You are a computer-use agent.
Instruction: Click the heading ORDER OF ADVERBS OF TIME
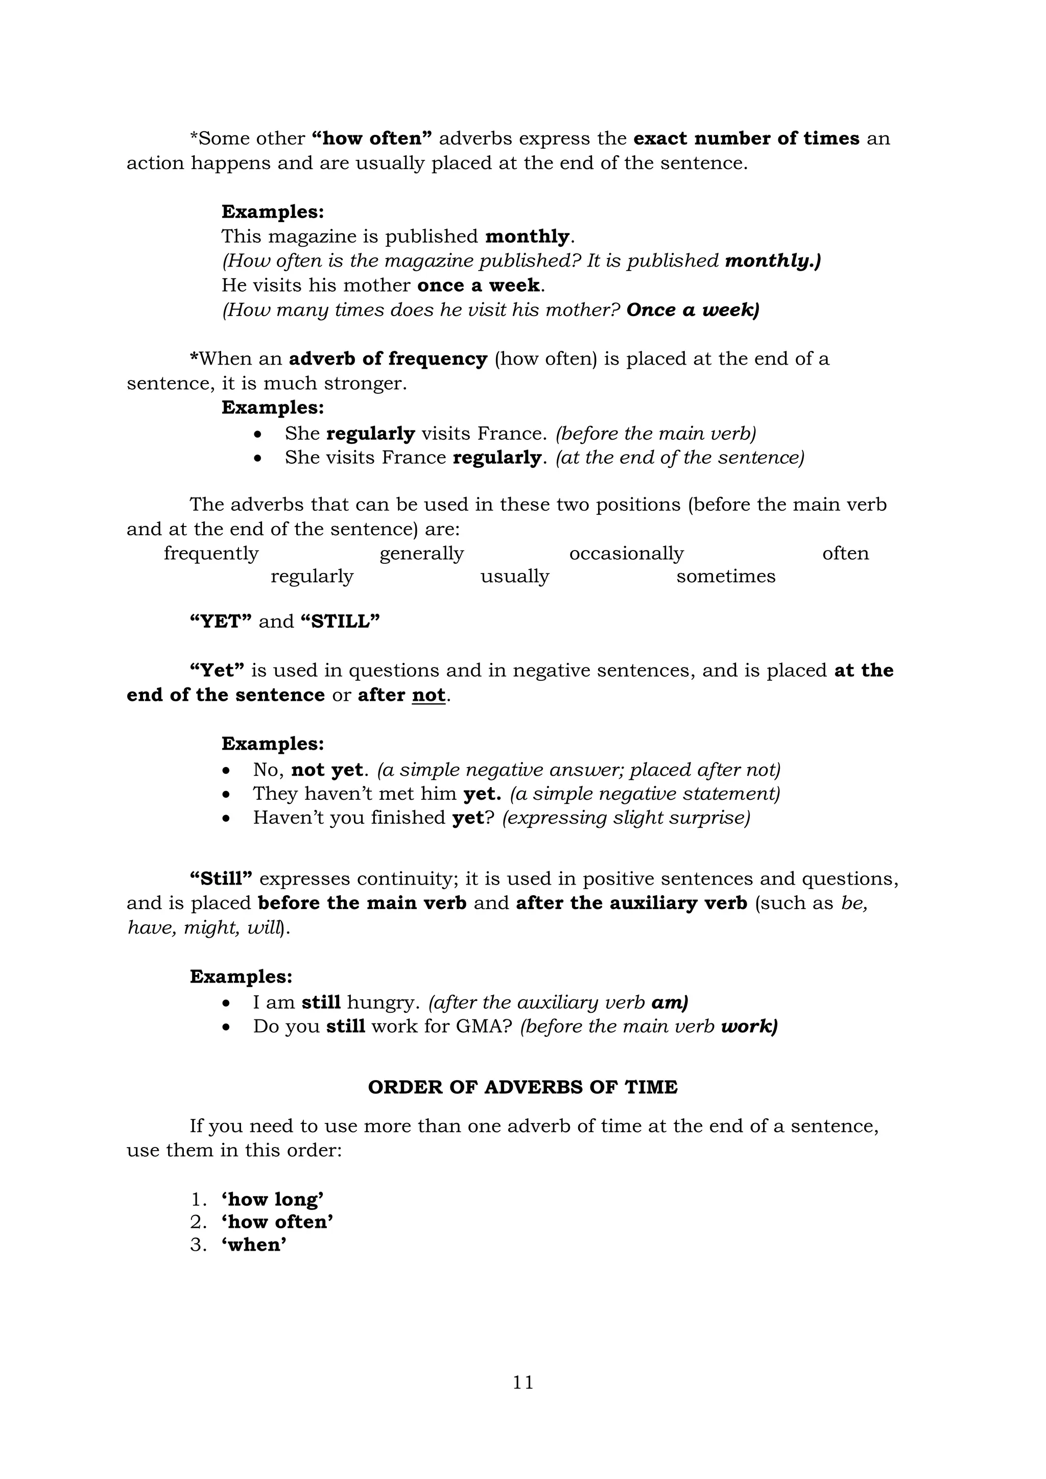pos(522,1087)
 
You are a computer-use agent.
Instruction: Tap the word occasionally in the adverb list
pos(626,553)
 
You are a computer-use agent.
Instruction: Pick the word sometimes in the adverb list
pos(725,576)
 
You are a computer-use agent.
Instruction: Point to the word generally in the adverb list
pos(421,553)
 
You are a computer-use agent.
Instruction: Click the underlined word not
pos(429,695)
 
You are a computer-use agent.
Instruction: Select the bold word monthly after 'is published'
pos(527,236)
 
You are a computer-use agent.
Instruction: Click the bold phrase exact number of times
pos(746,138)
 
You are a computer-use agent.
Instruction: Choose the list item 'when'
pos(254,1244)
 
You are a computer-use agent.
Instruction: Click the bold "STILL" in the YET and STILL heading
pos(340,622)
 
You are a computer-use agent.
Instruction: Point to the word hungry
pos(380,1003)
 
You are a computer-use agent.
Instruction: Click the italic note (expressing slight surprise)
pos(626,818)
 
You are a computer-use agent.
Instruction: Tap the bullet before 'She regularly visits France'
pos(257,435)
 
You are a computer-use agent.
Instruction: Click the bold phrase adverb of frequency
pos(388,359)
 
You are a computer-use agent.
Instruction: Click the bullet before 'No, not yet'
pos(225,771)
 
